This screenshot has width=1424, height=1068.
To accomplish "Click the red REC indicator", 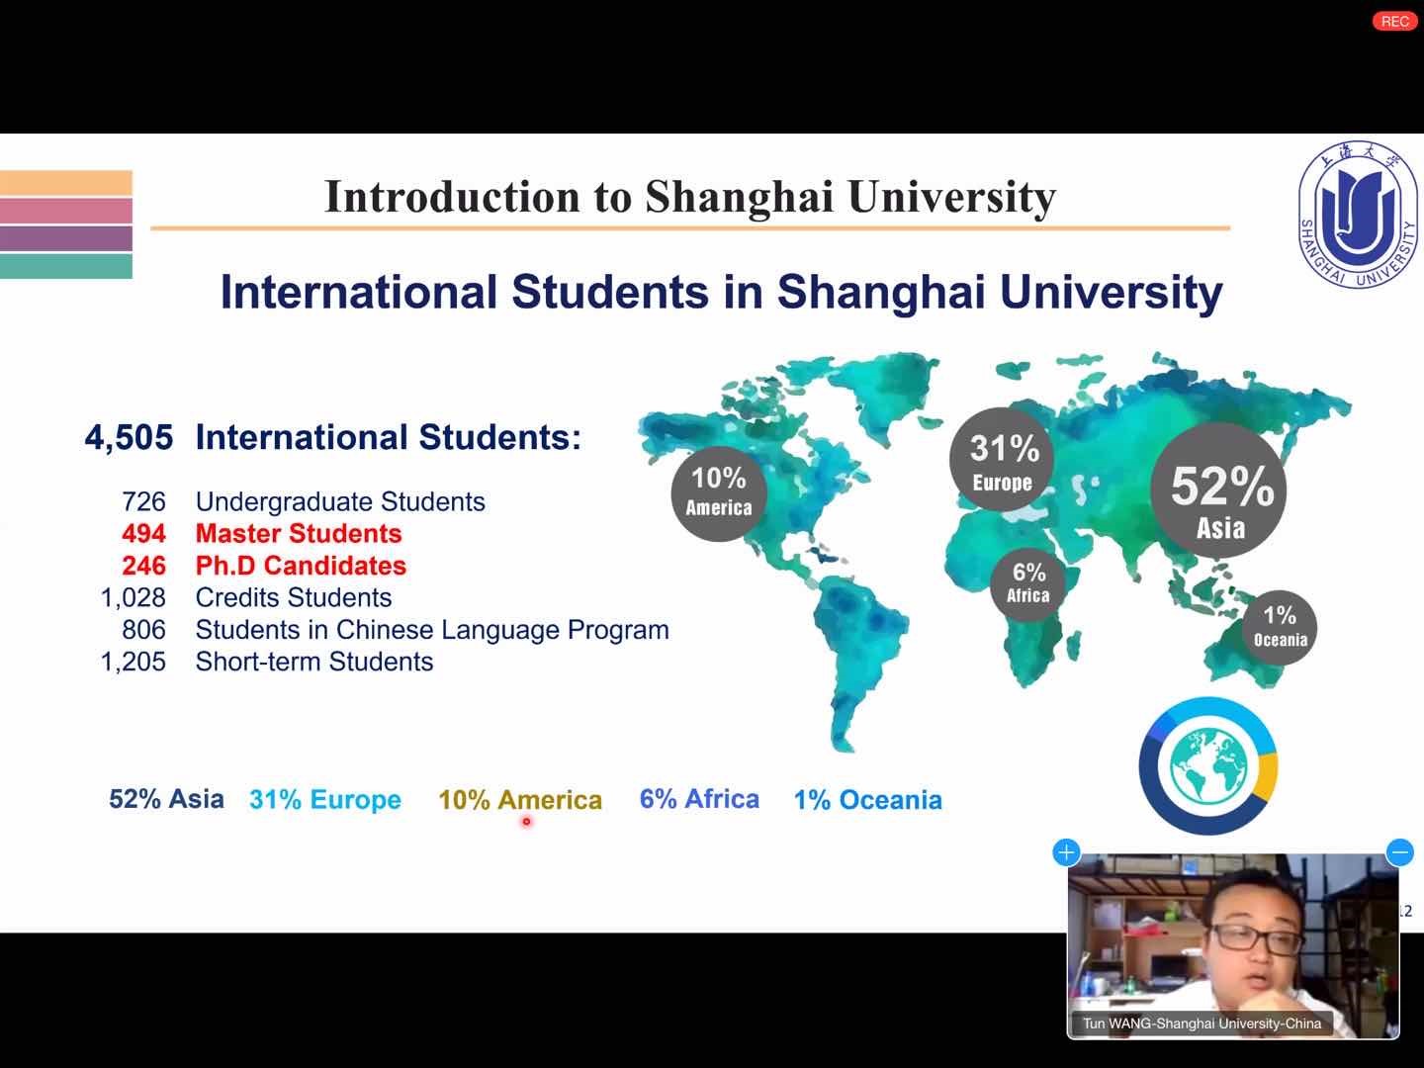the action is [x=1394, y=22].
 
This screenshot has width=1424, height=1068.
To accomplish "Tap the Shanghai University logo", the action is [x=1358, y=215].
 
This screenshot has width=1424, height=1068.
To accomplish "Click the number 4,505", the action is [x=130, y=438].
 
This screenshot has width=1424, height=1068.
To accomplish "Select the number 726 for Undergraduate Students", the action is [x=144, y=502].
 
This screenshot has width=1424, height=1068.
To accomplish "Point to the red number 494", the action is [x=144, y=534].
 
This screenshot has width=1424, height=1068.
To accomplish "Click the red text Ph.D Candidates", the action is [x=301, y=566].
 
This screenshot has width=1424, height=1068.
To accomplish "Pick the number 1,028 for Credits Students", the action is [x=133, y=598].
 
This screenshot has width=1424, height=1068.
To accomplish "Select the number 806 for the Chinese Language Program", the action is [x=144, y=630].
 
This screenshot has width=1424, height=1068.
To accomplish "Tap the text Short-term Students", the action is [x=314, y=662].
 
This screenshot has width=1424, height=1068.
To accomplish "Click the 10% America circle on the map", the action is [x=719, y=493].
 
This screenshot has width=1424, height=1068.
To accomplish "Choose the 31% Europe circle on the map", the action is [x=1002, y=460].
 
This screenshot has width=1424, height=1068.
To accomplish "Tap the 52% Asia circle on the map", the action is [x=1218, y=490].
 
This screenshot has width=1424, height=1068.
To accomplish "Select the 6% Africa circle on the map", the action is [x=1028, y=584].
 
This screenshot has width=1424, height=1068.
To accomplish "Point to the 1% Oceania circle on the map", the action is [x=1280, y=628].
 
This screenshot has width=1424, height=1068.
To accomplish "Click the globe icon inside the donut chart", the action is [x=1208, y=766].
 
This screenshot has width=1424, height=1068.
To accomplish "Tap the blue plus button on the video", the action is [x=1067, y=852].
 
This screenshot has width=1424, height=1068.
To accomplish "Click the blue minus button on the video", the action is [x=1400, y=852].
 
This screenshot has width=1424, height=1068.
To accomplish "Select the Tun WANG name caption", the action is [x=1201, y=1023].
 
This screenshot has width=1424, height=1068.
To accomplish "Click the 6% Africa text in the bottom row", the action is [x=699, y=799].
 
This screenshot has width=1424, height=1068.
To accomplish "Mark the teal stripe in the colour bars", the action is [x=66, y=266].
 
